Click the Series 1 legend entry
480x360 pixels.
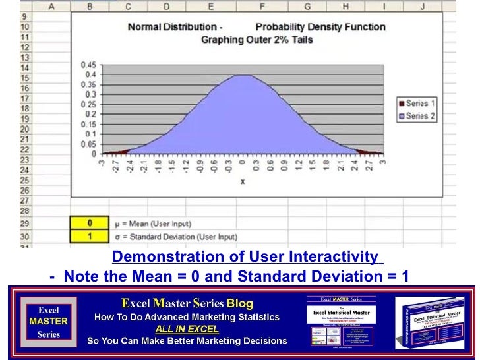click(416, 104)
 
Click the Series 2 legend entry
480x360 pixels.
click(416, 116)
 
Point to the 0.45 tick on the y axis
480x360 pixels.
click(88, 65)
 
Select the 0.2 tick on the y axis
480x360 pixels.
click(90, 115)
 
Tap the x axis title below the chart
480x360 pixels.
click(242, 181)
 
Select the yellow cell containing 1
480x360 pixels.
click(89, 236)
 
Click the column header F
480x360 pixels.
click(262, 6)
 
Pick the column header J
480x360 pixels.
click(423, 6)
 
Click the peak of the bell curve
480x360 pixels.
click(243, 75)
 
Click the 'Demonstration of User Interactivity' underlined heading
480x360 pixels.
click(245, 256)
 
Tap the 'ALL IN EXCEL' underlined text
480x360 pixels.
click(187, 329)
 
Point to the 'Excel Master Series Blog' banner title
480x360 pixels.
click(187, 303)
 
